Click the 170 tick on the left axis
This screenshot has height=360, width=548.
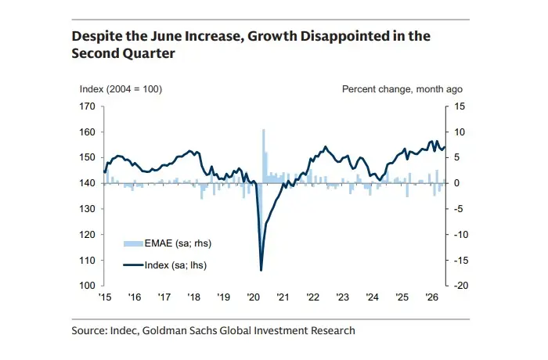pos(88,106)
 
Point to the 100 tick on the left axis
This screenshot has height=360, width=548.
pos(88,286)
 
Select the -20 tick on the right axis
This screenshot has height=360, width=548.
pos(460,286)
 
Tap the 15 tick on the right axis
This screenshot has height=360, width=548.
pos(460,106)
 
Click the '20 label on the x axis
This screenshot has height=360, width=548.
pos(253,297)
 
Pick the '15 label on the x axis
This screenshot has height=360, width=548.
pos(104,297)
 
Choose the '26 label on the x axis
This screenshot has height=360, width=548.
pos(431,297)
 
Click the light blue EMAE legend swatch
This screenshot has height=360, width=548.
pos(133,243)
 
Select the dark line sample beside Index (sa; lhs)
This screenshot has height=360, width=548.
pos(133,265)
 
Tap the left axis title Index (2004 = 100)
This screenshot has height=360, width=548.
pos(121,89)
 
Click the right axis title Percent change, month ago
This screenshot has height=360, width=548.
pos(402,89)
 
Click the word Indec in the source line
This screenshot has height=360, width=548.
pos(124,330)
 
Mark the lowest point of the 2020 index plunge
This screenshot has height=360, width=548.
pos(261,270)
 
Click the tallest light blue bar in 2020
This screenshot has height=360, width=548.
pos(264,157)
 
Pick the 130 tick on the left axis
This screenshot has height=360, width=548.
pos(88,209)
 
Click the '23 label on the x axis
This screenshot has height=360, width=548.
pos(343,297)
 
